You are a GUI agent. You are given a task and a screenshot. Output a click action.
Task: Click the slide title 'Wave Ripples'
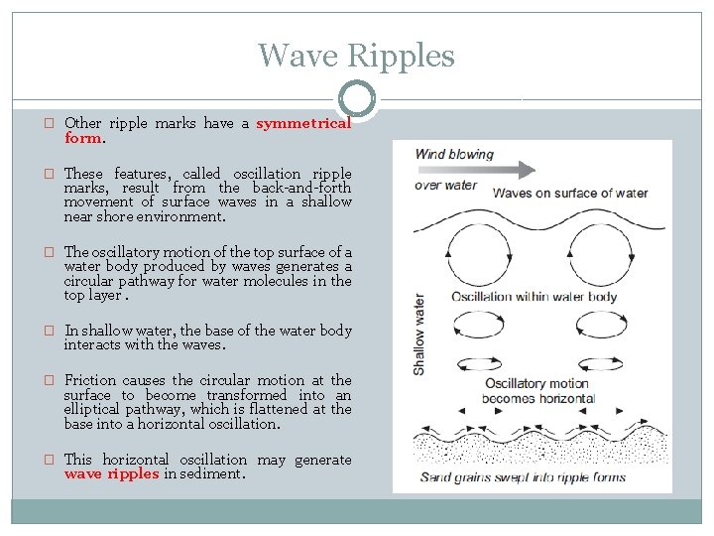click(x=356, y=55)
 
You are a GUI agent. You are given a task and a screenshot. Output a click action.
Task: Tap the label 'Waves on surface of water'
click(x=570, y=193)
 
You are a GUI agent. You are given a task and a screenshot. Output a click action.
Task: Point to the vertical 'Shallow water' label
click(x=419, y=333)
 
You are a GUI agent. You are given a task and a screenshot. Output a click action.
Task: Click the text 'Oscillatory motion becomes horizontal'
click(x=539, y=391)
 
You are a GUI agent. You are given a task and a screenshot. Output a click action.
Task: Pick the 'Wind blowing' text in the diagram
click(x=453, y=154)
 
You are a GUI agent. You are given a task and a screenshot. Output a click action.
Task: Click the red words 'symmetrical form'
click(x=302, y=124)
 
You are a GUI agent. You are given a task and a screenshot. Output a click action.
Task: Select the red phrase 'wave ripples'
click(x=111, y=473)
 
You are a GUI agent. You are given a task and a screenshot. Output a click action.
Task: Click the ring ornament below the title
click(x=357, y=99)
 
